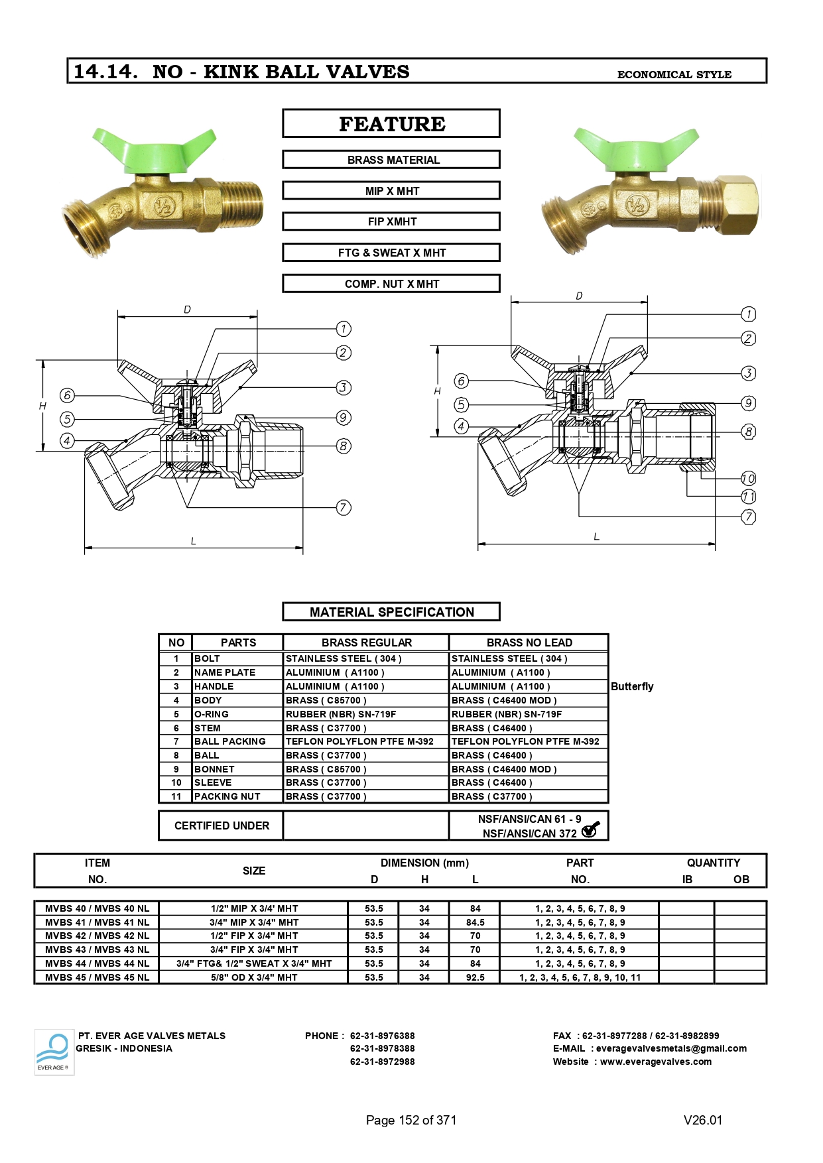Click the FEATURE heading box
[x=391, y=123]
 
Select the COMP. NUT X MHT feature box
[x=391, y=284]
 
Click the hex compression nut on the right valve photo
[x=738, y=204]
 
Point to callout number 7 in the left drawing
[x=343, y=508]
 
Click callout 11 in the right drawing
[x=748, y=497]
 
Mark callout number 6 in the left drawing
[x=67, y=395]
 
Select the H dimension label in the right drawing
[x=437, y=391]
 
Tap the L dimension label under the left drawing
[x=193, y=541]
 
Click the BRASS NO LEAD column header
[x=529, y=643]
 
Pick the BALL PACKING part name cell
[x=230, y=741]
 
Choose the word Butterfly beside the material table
[x=632, y=686]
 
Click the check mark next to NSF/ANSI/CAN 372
[x=590, y=829]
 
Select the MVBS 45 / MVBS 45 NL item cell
[x=97, y=977]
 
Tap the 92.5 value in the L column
[x=475, y=977]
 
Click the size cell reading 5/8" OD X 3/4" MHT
[x=254, y=977]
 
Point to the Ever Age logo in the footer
[x=54, y=1052]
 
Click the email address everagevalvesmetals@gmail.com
[x=671, y=1048]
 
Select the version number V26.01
[x=703, y=1120]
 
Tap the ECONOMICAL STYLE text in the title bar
[x=674, y=74]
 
